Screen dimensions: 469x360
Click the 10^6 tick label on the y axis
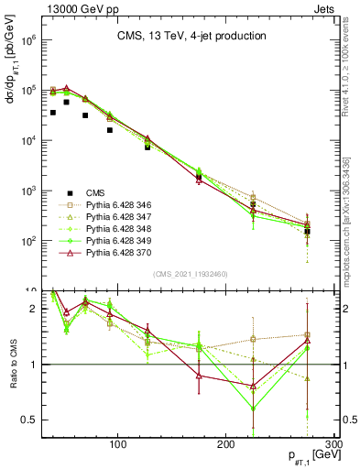[27, 41]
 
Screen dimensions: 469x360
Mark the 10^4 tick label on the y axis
[27, 141]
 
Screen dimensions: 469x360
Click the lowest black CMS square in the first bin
[53, 113]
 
